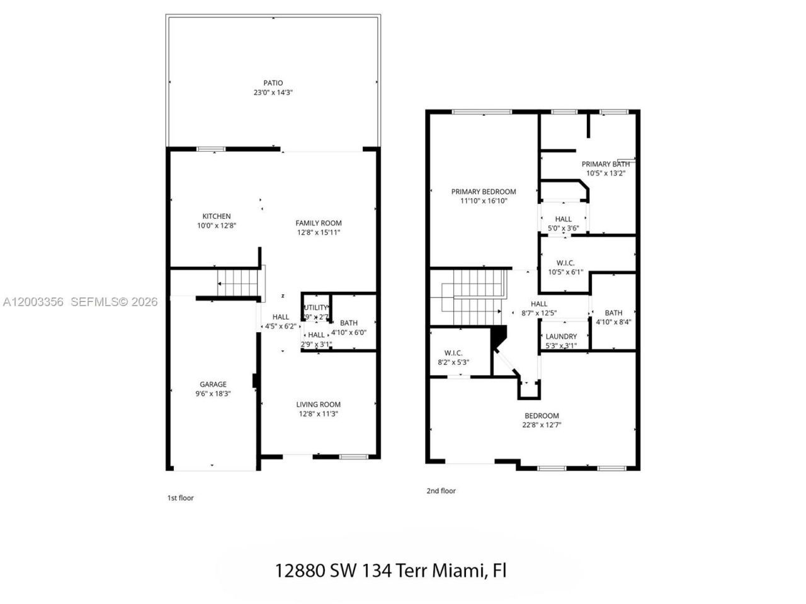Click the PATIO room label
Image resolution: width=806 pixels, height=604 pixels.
pos(273,83)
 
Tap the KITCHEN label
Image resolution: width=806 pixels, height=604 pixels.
pos(216,216)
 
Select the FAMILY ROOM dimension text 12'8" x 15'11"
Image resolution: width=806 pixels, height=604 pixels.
pos(319,233)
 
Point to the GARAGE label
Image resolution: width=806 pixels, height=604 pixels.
pos(213,384)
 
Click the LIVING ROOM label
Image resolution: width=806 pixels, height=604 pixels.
pos(319,405)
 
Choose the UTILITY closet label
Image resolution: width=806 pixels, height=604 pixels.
pos(316,308)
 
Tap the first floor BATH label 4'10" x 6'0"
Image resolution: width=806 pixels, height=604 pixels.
pos(348,323)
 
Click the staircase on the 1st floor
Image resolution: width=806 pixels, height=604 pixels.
pos(238,281)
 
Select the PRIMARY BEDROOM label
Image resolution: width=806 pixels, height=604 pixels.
pos(483,192)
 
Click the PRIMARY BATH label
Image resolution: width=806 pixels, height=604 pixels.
pos(605,164)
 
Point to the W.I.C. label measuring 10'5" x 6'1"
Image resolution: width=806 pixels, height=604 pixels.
pos(565,263)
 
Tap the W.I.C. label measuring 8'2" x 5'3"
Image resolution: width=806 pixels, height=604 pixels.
pos(453,353)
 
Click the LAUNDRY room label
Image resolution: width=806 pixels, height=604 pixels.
pos(560,337)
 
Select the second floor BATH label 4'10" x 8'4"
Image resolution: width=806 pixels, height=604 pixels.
pos(613,313)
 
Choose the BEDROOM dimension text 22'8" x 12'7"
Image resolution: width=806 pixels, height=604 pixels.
pos(542,425)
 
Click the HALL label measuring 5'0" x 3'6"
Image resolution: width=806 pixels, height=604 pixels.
pos(563,220)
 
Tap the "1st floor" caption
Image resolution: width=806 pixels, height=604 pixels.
pos(180,498)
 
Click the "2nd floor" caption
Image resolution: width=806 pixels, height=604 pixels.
pos(441,491)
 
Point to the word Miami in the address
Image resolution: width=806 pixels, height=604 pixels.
pos(458,571)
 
